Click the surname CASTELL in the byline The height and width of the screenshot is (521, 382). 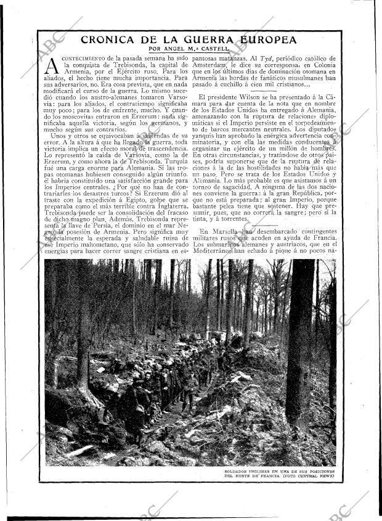[x=215, y=49]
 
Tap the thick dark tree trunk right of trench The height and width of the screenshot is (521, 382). [x=301, y=345]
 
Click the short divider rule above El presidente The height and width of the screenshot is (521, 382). [x=265, y=91]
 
